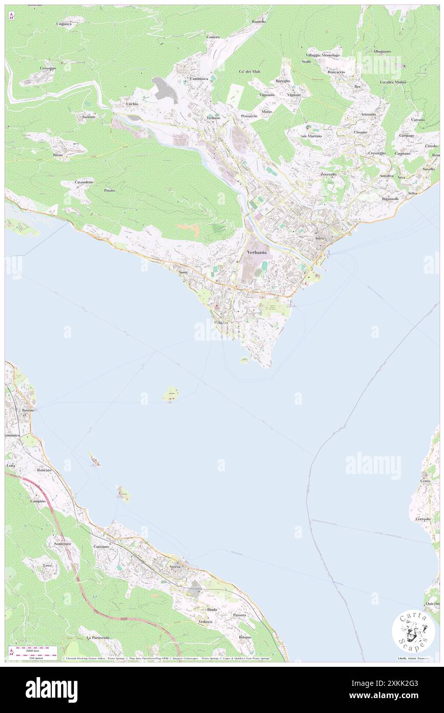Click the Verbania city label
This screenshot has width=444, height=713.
256,253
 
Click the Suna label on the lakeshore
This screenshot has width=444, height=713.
183,272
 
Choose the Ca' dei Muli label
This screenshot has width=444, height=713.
250,71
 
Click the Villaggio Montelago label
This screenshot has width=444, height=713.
322,55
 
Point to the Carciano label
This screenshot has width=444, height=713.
101,547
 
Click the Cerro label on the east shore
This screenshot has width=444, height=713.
425,481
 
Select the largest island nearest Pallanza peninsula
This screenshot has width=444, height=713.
171,394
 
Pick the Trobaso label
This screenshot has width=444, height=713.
213,118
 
